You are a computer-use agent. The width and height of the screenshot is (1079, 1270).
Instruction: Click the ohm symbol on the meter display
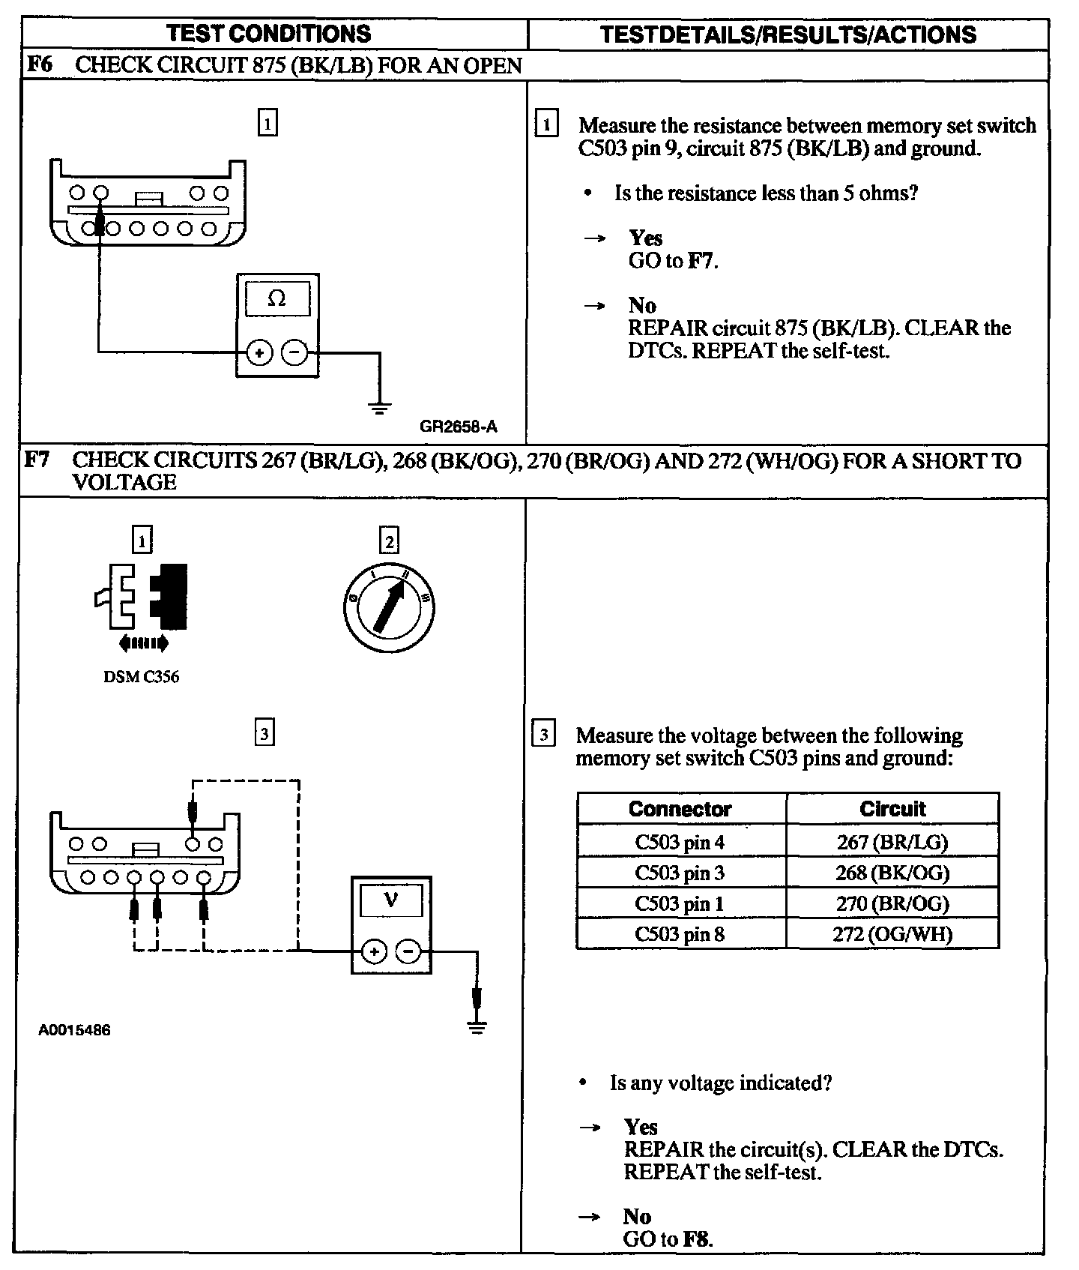coord(276,299)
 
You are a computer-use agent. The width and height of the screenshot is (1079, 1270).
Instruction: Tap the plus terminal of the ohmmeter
coord(259,352)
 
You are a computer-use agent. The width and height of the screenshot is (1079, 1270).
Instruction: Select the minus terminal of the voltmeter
coord(408,952)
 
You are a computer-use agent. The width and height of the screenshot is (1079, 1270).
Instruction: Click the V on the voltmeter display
coord(390,900)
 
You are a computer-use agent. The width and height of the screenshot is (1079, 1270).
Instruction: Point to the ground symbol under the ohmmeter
coord(380,409)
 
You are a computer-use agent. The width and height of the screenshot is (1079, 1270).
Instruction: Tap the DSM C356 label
coord(141,677)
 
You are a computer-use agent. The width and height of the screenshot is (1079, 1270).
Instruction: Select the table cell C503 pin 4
coord(680,842)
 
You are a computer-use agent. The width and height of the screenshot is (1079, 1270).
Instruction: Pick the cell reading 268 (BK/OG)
coord(892,873)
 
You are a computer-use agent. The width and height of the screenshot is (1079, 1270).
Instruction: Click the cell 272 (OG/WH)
coord(892,934)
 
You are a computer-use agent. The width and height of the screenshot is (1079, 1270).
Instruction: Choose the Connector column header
coord(680,809)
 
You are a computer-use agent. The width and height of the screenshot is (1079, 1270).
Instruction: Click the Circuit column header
coord(892,809)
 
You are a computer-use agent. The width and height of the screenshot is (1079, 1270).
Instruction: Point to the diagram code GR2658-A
coord(458,427)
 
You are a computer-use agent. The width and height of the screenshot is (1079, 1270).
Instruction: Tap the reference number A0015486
coord(74,1030)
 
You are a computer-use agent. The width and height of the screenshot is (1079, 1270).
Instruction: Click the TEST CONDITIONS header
coord(269,34)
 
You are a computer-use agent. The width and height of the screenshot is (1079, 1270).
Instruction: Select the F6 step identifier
coord(40,64)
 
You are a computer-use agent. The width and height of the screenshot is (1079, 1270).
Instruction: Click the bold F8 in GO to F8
coord(696,1239)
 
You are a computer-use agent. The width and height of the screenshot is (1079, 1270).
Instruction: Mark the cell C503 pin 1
coord(680,903)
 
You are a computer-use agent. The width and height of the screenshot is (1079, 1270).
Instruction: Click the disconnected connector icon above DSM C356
coord(142,598)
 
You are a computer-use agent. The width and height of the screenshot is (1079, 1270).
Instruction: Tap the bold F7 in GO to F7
coord(701,261)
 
